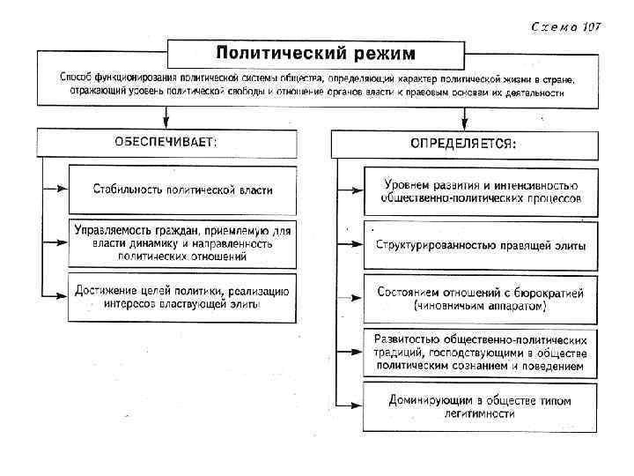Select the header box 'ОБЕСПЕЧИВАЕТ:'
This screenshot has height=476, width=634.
167,141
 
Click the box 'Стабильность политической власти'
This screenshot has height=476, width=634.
182,189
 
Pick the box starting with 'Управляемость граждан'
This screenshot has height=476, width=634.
182,242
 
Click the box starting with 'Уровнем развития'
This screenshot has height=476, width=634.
480,191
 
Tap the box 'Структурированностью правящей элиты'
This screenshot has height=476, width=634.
480,246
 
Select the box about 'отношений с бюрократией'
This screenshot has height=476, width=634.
480,298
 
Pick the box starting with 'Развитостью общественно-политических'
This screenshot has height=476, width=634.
480,351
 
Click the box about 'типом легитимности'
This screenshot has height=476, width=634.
480,406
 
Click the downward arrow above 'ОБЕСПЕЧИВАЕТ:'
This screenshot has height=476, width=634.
166,115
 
